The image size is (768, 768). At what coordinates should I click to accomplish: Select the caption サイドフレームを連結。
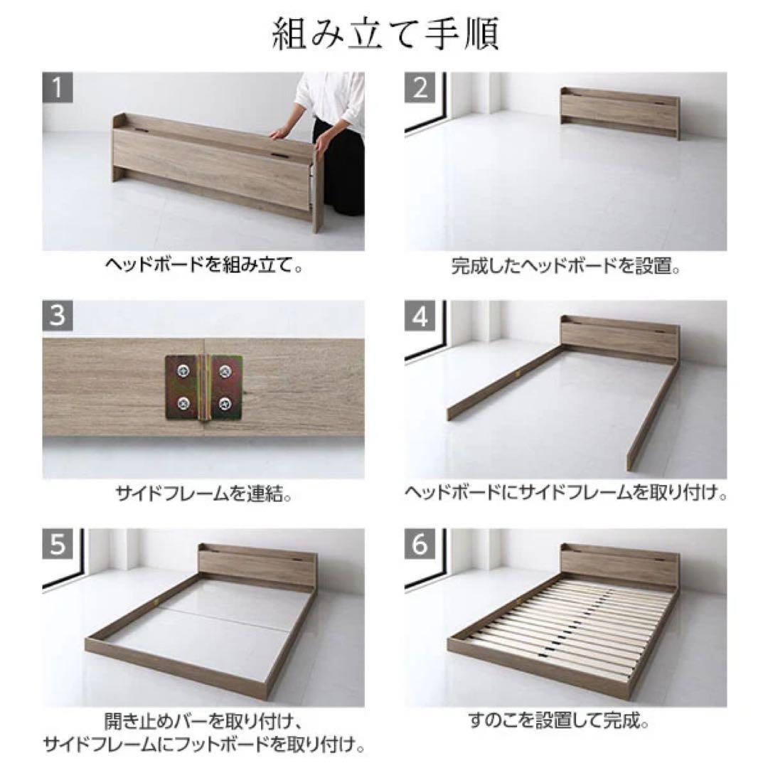[x=204, y=494]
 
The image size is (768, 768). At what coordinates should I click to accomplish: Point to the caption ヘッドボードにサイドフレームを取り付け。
[x=566, y=494]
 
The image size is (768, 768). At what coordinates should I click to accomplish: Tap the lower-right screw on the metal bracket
[x=225, y=403]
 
